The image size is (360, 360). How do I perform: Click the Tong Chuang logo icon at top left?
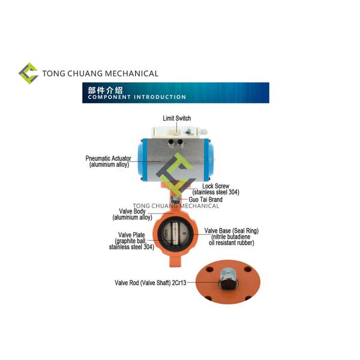[28, 73]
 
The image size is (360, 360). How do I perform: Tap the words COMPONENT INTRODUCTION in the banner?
[137, 97]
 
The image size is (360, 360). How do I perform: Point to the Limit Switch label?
[177, 118]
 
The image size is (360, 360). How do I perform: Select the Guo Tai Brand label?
[206, 199]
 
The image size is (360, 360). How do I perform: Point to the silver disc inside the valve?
[177, 236]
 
